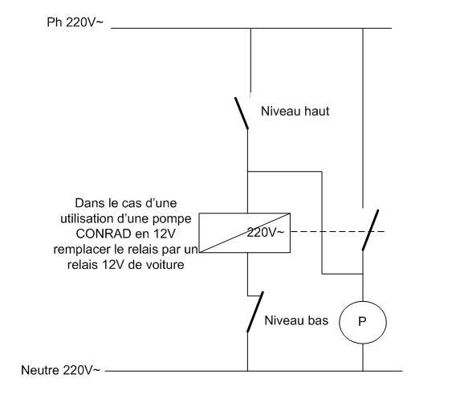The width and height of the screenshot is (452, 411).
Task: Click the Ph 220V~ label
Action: (75, 22)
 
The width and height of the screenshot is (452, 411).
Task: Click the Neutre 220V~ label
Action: (60, 370)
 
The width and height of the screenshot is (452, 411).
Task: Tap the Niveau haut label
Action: (295, 112)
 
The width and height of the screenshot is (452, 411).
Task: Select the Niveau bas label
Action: (296, 320)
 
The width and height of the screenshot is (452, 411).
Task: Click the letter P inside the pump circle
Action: (362, 321)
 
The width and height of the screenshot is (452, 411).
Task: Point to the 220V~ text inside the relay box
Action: (266, 232)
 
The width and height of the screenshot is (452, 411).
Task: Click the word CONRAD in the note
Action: (104, 234)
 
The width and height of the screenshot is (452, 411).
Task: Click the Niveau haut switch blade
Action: (242, 113)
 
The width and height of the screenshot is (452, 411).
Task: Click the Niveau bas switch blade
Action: (255, 311)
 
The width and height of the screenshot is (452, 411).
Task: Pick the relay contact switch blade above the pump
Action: (370, 230)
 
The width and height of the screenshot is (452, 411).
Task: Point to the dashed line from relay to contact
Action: (337, 231)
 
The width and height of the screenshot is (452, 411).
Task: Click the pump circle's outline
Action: (340, 322)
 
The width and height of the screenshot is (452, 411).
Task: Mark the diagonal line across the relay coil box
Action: (245, 233)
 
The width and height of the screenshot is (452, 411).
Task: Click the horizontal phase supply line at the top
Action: (251, 28)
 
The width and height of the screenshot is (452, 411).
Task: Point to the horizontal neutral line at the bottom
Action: (254, 371)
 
